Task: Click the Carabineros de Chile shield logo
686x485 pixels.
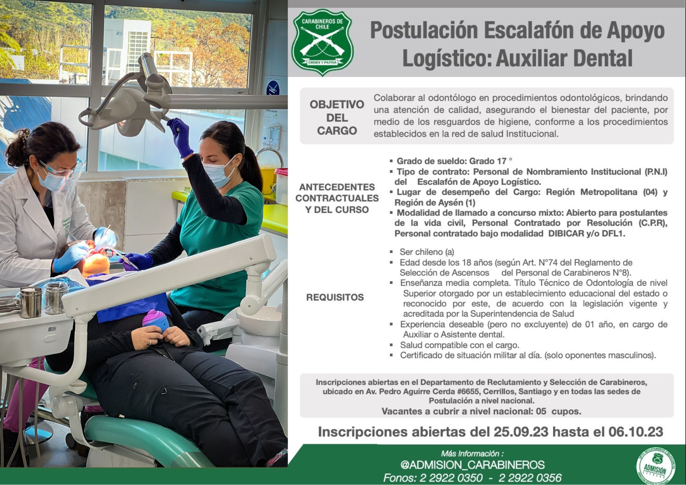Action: [x=322, y=42]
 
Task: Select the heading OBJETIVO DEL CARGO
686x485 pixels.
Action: [x=337, y=117]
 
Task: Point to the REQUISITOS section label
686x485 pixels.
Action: [x=335, y=297]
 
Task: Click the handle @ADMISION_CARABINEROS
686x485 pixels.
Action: [x=472, y=465]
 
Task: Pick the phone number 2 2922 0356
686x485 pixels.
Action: [x=530, y=478]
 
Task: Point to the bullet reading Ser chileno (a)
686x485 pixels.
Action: [x=427, y=252]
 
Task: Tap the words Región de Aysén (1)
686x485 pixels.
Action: [x=435, y=202]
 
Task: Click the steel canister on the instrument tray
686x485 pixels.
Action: [x=30, y=302]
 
